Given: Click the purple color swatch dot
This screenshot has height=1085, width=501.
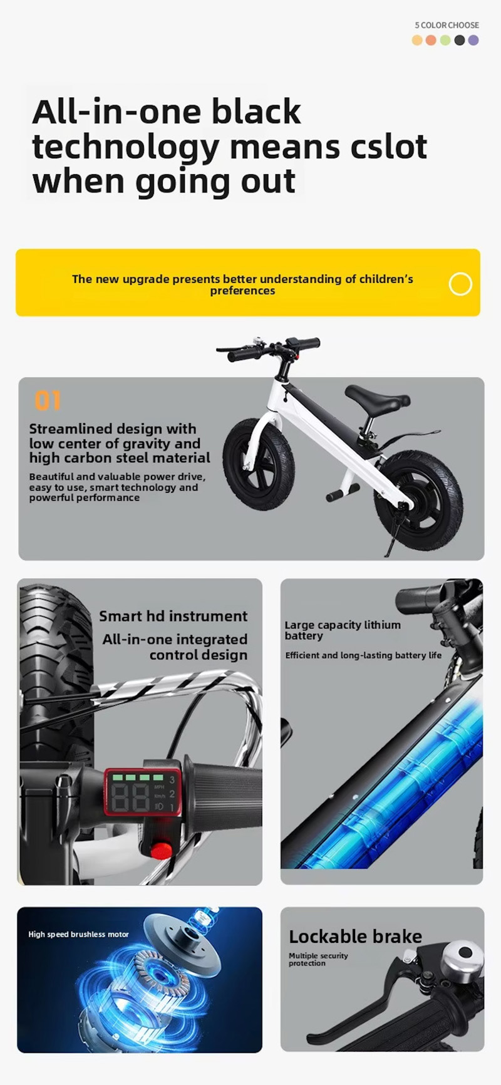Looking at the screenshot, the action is coord(473,40).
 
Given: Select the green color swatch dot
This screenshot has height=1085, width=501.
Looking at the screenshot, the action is coord(445,40).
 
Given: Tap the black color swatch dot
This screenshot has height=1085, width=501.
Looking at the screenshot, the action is coord(460,40).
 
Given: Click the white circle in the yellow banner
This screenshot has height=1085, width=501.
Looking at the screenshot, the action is coord(460,284).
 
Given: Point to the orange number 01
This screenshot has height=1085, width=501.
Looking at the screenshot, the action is coord(48,401).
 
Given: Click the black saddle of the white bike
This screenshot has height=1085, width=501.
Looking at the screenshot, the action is coord(377,396).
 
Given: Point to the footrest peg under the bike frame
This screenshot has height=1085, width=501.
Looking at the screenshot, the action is coord(342,492).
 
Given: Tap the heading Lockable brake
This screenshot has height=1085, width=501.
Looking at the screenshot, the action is coord(355,937).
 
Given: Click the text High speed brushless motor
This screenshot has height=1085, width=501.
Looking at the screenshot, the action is coord(78,934).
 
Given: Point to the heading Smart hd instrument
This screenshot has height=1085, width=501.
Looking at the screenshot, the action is coord(173,616).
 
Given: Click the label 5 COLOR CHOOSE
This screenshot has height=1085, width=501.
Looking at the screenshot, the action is coord(447,25).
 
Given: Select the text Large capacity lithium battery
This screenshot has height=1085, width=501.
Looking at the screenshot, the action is coord(343,630).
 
